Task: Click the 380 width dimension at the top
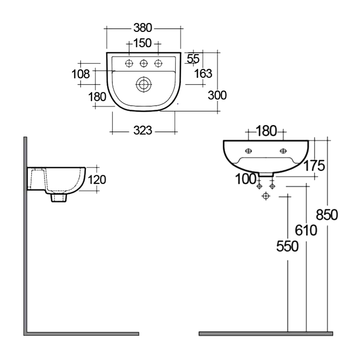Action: pyautogui.click(x=143, y=28)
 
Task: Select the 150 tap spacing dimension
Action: pyautogui.click(x=143, y=44)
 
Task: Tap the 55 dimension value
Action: pyautogui.click(x=193, y=58)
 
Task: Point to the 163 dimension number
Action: pyautogui.click(x=203, y=74)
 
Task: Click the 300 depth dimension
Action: pyautogui.click(x=217, y=95)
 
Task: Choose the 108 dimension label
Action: pyautogui.click(x=81, y=74)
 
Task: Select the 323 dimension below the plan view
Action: pyautogui.click(x=143, y=131)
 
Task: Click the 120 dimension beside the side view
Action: pyautogui.click(x=97, y=180)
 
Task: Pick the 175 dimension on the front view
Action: pyautogui.click(x=314, y=166)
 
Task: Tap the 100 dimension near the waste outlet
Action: pyautogui.click(x=246, y=179)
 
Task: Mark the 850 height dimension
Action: pyautogui.click(x=327, y=215)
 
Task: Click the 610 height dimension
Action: pyautogui.click(x=306, y=230)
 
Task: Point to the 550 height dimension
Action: pyautogui.click(x=288, y=246)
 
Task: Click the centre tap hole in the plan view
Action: pyautogui.click(x=144, y=63)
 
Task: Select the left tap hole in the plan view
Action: pyautogui.click(x=129, y=63)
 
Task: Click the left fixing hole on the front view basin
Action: pyautogui.click(x=248, y=150)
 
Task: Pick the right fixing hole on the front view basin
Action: pyautogui.click(x=283, y=150)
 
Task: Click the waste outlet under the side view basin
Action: pyautogui.click(x=59, y=197)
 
